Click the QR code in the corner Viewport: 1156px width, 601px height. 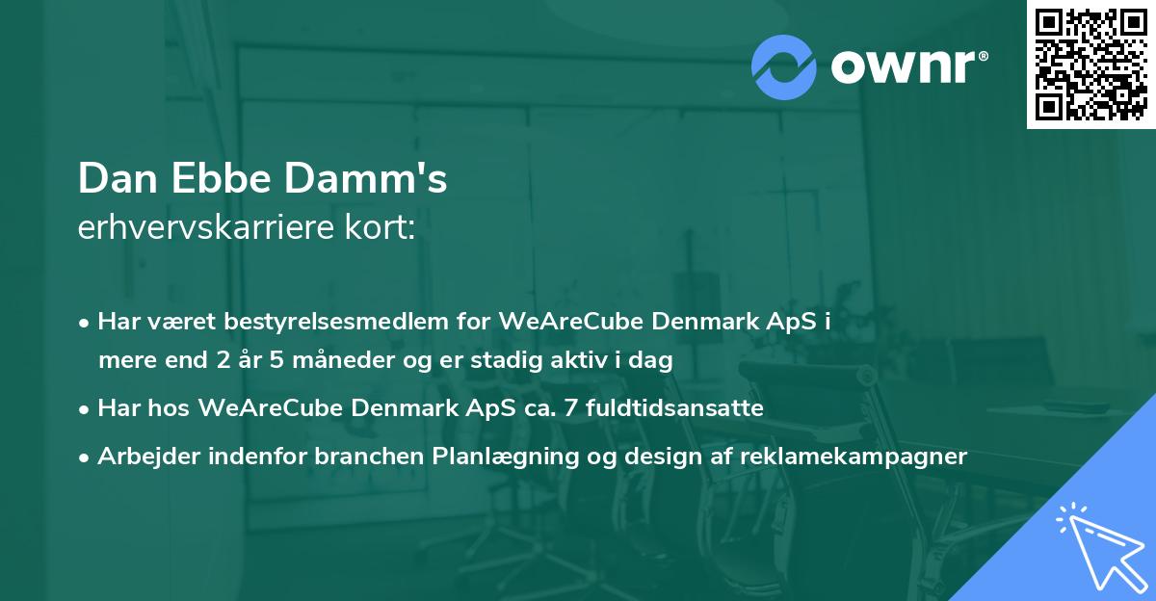(x=1091, y=64)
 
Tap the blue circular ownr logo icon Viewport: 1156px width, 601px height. (x=784, y=66)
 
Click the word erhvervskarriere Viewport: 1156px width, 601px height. (x=208, y=228)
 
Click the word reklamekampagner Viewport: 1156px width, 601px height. (x=854, y=457)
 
